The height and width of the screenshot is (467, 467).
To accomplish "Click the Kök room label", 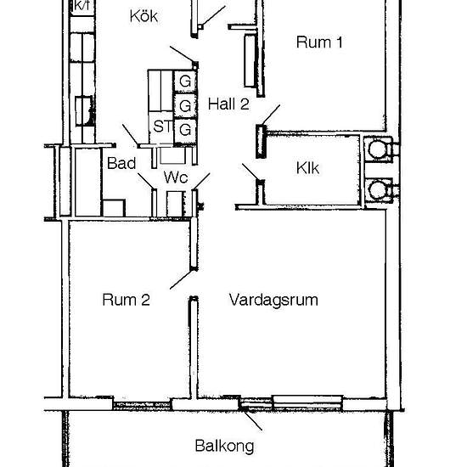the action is pyautogui.click(x=143, y=16).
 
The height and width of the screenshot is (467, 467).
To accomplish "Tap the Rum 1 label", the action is pyautogui.click(x=319, y=42).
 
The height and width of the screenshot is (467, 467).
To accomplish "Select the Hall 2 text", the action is pyautogui.click(x=228, y=104).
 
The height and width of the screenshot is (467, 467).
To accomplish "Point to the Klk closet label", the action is pyautogui.click(x=307, y=168).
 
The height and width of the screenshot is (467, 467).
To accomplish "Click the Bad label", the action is pyautogui.click(x=121, y=163).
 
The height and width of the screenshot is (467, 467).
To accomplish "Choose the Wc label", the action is pyautogui.click(x=176, y=177).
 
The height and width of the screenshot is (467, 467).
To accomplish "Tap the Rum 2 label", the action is pyautogui.click(x=126, y=300).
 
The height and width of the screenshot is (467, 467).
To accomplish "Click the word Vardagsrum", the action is pyautogui.click(x=273, y=301).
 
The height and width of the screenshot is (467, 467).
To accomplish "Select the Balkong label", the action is pyautogui.click(x=224, y=447).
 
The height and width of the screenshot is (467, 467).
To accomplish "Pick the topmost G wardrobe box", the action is pyautogui.click(x=185, y=81).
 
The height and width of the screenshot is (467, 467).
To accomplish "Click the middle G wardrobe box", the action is pyautogui.click(x=185, y=105).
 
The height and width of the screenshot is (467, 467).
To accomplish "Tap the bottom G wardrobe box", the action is pyautogui.click(x=185, y=130).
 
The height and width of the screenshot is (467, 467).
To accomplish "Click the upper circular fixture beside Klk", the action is pyautogui.click(x=377, y=149).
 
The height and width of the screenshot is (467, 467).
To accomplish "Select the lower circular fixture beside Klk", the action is pyautogui.click(x=377, y=190).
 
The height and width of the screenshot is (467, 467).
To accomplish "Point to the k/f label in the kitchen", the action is pyautogui.click(x=82, y=6).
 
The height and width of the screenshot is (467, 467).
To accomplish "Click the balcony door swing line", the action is pyautogui.click(x=252, y=419).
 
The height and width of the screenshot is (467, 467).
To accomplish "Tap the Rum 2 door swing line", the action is pyautogui.click(x=181, y=279).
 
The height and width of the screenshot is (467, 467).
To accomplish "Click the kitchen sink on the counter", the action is pyautogui.click(x=84, y=110).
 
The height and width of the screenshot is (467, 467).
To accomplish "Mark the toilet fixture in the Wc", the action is pyautogui.click(x=175, y=204).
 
